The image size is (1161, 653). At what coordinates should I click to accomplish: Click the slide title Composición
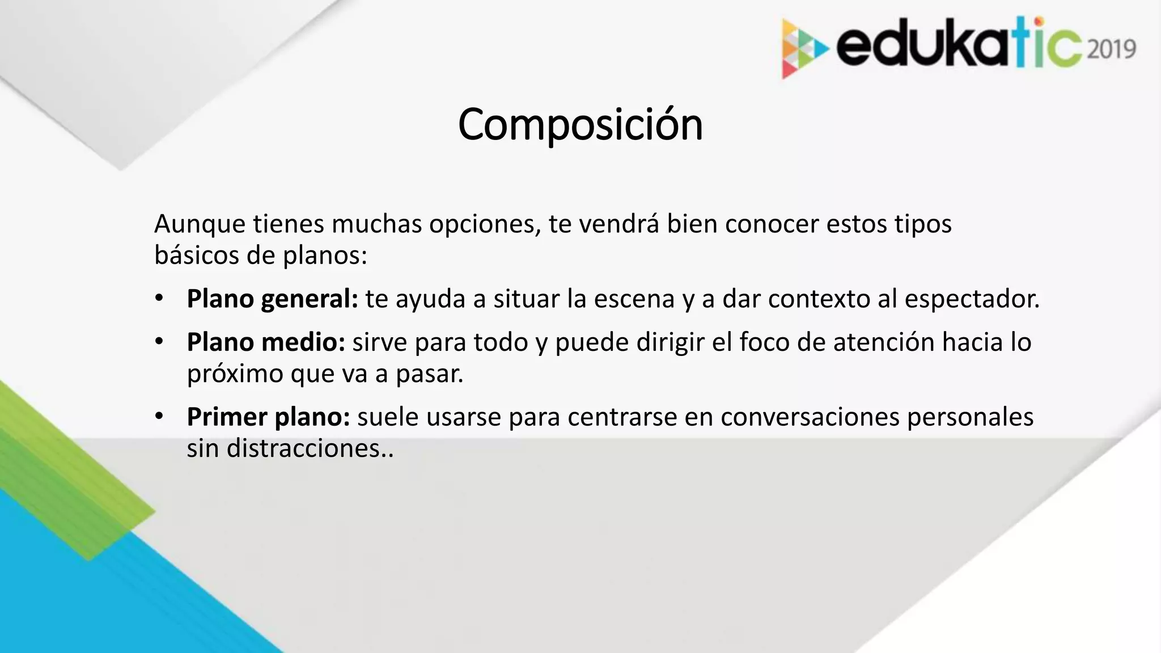pyautogui.click(x=580, y=125)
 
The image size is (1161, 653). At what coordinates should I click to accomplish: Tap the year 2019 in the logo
pyautogui.click(x=1112, y=49)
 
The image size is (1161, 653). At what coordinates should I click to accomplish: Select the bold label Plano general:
pyautogui.click(x=272, y=299)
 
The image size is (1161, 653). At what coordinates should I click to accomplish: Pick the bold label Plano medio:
pyautogui.click(x=266, y=342)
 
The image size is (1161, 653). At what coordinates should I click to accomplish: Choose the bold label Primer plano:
pyautogui.click(x=268, y=417)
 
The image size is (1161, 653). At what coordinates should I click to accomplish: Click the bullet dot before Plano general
pyautogui.click(x=159, y=298)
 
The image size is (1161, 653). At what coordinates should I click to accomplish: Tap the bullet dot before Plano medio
pyautogui.click(x=159, y=341)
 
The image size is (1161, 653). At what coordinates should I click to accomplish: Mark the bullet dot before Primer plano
pyautogui.click(x=159, y=416)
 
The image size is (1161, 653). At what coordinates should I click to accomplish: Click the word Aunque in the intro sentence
pyautogui.click(x=199, y=224)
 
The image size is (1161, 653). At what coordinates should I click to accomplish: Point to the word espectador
pyautogui.click(x=972, y=299)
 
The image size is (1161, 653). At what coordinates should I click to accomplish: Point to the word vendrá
pyautogui.click(x=618, y=224)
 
